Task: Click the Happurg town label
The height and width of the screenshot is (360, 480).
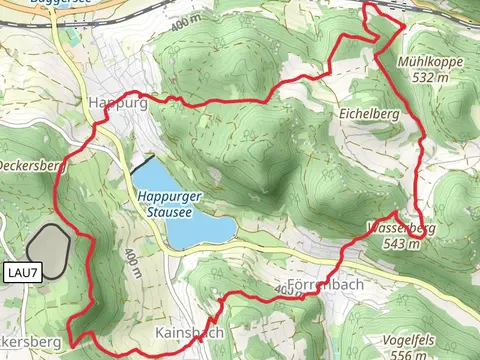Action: coord(117,103)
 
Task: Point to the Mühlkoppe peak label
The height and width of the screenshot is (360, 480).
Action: coord(429,61)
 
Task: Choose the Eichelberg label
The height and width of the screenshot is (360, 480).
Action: coord(369,115)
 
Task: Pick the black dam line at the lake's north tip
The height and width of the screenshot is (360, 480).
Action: coord(142,165)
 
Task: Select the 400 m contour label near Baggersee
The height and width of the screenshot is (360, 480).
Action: coord(189,21)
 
